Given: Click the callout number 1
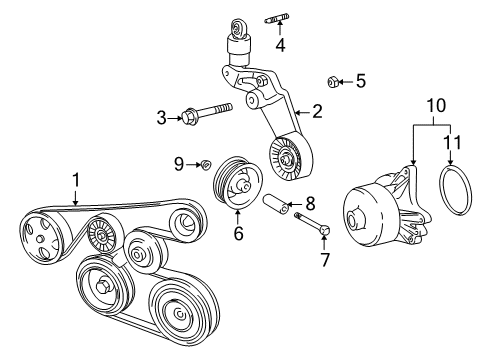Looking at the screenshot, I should pyautogui.click(x=75, y=181).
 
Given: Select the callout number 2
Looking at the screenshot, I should pyautogui.click(x=316, y=113).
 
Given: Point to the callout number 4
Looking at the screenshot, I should pyautogui.click(x=280, y=45).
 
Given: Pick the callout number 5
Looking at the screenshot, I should pyautogui.click(x=361, y=81).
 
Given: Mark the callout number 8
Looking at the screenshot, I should pyautogui.click(x=310, y=203).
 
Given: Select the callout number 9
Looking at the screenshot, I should pyautogui.click(x=180, y=163).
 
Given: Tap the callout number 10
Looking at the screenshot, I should pyautogui.click(x=434, y=105).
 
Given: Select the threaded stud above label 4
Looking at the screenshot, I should pyautogui.click(x=278, y=19).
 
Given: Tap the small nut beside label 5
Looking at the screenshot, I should pyautogui.click(x=334, y=81).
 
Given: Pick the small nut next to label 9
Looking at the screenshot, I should pyautogui.click(x=204, y=164).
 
